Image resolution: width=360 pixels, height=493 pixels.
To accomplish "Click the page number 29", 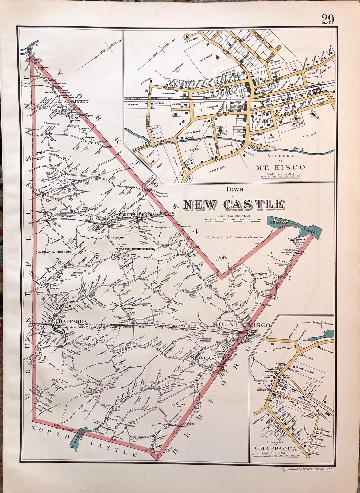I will tap(327, 20).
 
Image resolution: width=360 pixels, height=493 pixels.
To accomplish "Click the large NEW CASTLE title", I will tap(234, 204).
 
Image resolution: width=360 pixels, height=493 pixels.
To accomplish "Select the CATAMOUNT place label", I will tap(74, 101).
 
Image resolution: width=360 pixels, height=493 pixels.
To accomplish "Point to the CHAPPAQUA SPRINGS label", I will tap(53, 252).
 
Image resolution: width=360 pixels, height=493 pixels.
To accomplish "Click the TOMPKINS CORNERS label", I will tap(135, 249).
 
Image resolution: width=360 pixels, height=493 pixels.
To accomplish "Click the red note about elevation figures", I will tap(235, 237).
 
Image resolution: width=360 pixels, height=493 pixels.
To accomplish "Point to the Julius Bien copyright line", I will tap(307, 469).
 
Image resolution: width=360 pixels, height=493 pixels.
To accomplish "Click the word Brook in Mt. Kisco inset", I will tap(298, 150).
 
